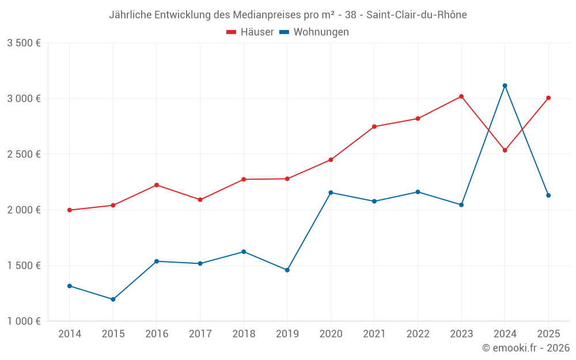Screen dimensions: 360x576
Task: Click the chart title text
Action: (287, 15)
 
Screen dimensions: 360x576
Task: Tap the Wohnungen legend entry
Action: (314, 32)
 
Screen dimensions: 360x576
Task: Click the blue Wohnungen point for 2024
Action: (505, 86)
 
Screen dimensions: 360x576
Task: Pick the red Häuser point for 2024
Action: (505, 150)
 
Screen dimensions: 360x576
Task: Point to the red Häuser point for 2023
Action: (461, 96)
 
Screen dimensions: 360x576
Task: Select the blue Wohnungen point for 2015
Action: (113, 300)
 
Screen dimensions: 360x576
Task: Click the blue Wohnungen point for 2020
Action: (331, 192)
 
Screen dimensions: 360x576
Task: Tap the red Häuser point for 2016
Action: (157, 185)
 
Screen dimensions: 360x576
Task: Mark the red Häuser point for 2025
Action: (548, 98)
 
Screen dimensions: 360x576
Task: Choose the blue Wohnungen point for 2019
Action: (287, 270)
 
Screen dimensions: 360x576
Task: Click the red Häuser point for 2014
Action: (70, 210)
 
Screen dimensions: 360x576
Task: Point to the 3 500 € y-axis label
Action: (24, 43)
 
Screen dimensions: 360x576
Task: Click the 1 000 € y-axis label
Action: (24, 321)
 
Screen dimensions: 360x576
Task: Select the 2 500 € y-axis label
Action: (24, 154)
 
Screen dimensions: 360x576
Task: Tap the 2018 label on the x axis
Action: (244, 334)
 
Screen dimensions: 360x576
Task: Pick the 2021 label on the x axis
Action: (374, 334)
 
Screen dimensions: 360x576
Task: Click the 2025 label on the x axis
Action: (548, 334)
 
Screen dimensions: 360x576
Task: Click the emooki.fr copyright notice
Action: (526, 348)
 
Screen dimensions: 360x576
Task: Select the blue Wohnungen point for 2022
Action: (418, 192)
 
